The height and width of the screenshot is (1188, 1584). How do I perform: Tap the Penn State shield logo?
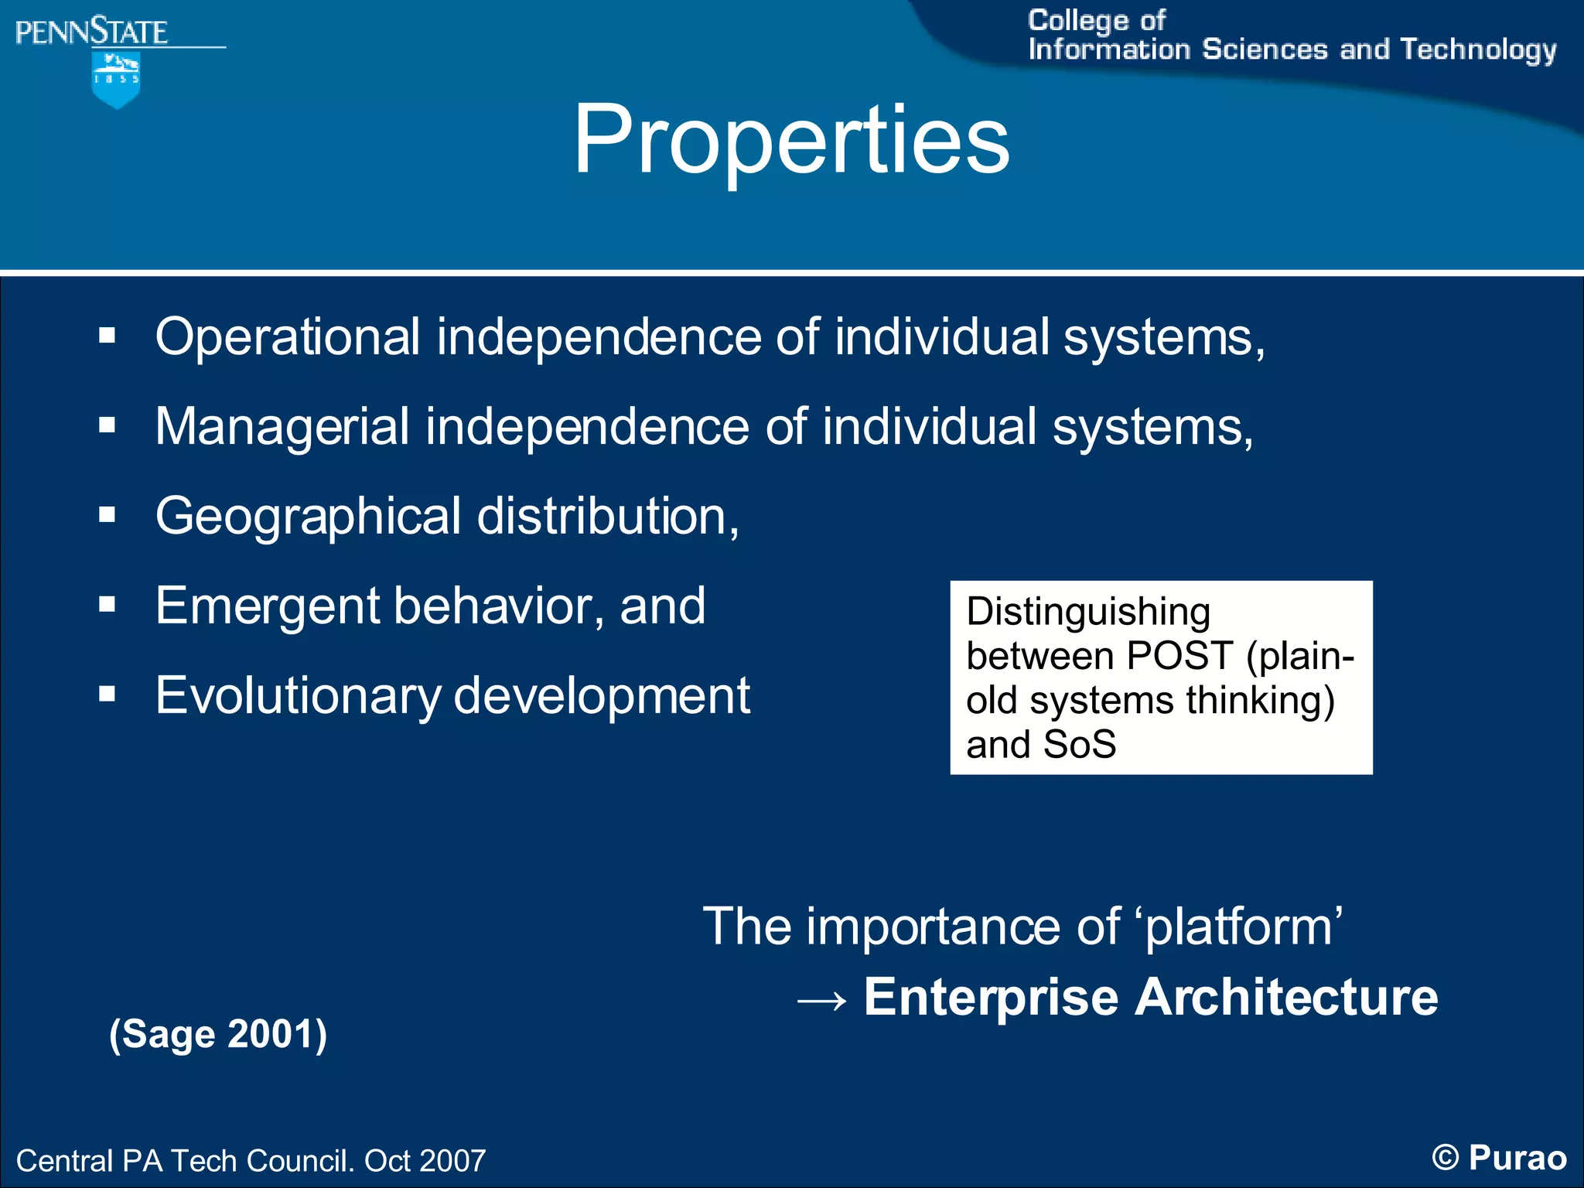pos(116,80)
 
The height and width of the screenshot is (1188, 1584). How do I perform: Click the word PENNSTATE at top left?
pos(91,32)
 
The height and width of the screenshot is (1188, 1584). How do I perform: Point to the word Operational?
pos(288,337)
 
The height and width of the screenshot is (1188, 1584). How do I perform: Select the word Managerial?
pos(282,427)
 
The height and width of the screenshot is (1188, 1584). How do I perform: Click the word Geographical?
pos(308,517)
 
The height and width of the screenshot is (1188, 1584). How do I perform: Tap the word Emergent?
pos(268,606)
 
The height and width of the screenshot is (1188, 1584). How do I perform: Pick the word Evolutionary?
pos(298,695)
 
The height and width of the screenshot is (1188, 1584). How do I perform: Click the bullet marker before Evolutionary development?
pos(107,694)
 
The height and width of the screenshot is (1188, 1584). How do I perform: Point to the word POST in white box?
pos(1179,656)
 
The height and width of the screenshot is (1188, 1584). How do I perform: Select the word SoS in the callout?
pos(1079,745)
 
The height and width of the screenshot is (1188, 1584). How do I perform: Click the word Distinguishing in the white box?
pos(1088,612)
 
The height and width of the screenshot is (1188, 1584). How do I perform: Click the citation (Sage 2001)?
pos(218,1034)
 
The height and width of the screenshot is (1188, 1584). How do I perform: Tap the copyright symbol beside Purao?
pos(1445,1158)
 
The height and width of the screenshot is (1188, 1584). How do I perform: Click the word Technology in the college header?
pos(1478,50)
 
